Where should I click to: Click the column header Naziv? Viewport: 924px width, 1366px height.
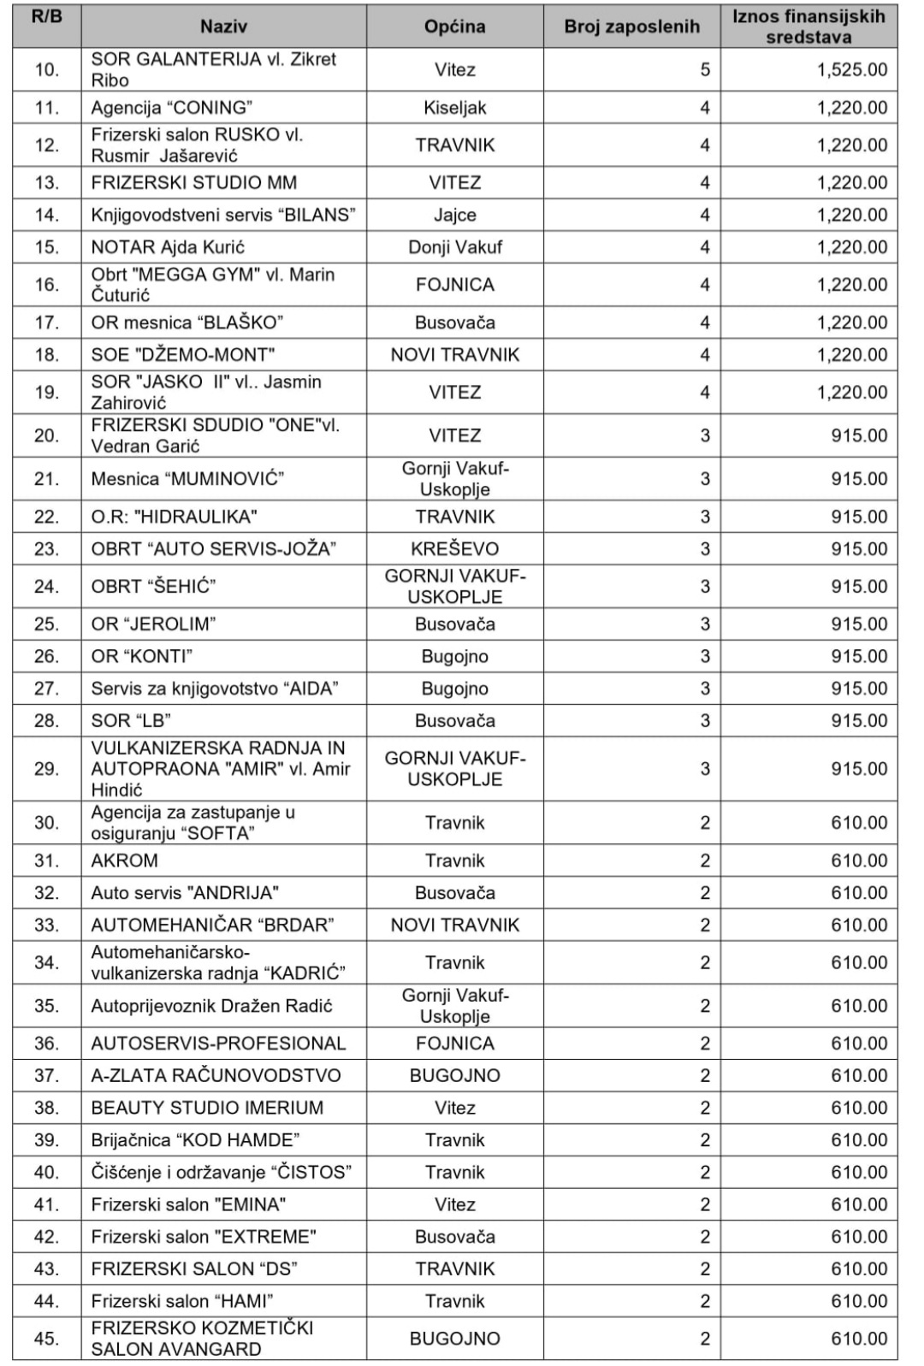click(223, 27)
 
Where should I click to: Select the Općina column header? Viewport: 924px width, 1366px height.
click(454, 27)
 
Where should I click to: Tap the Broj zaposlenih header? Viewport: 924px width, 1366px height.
click(631, 27)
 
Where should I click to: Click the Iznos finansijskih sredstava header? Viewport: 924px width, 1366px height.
click(808, 27)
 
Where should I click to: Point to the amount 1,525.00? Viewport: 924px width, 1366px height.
click(851, 70)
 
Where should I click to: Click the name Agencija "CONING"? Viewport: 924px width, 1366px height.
click(172, 108)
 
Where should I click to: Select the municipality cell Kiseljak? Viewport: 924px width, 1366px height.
click(454, 108)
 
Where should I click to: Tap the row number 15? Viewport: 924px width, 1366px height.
click(47, 247)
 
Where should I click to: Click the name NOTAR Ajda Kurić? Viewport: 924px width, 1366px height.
click(168, 247)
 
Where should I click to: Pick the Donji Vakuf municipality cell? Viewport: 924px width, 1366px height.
click(454, 247)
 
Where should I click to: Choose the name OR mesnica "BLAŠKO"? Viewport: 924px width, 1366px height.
click(187, 322)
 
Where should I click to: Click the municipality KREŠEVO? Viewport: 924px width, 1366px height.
click(454, 549)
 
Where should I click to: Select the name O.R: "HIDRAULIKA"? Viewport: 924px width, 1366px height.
click(174, 517)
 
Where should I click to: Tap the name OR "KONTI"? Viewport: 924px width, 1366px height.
click(141, 656)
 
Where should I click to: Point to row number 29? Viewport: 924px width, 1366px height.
click(47, 769)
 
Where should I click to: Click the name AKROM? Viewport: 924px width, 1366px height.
click(124, 860)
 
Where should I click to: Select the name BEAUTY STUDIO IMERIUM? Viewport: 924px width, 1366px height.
click(207, 1108)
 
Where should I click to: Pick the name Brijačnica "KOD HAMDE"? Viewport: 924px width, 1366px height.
click(195, 1140)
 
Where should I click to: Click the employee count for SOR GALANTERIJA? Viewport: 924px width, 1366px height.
click(704, 70)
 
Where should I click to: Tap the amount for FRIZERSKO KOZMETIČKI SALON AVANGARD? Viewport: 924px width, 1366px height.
click(859, 1339)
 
